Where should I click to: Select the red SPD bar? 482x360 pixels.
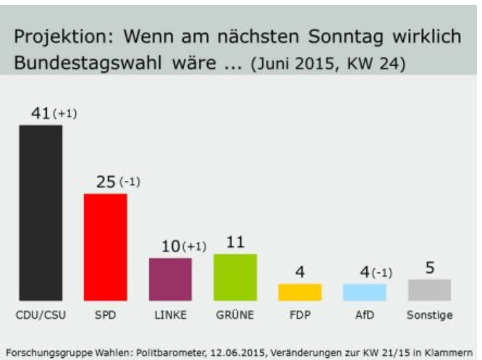click(106, 246)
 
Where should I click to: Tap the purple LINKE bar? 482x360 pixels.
click(170, 279)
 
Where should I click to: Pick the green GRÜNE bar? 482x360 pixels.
click(235, 277)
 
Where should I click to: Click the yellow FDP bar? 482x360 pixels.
click(300, 292)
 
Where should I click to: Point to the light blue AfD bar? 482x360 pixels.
click(364, 292)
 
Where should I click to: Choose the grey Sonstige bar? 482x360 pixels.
click(429, 290)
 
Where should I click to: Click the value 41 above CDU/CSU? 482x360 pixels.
click(39, 114)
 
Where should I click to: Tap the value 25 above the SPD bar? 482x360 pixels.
click(106, 182)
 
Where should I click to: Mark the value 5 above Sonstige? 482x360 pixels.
click(430, 268)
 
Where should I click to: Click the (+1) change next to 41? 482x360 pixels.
click(64, 114)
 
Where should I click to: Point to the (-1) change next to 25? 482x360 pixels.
click(130, 182)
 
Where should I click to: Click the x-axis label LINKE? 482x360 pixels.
click(171, 316)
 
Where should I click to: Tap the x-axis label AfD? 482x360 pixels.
click(365, 316)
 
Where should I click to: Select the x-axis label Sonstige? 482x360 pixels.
click(430, 316)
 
